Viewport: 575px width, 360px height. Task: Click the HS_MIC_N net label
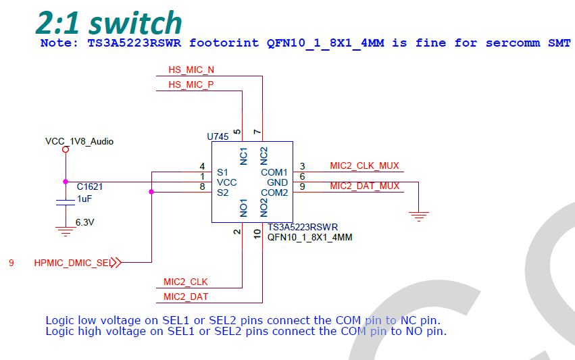191,70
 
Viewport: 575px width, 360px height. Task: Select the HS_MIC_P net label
191,84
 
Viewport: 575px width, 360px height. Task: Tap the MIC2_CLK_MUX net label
364,165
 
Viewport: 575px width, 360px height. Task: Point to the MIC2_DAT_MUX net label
364,186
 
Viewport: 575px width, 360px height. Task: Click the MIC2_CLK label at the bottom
186,282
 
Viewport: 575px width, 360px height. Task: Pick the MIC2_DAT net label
186,297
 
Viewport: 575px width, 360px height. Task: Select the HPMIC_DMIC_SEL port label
72,263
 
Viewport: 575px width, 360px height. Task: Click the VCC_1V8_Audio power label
79,142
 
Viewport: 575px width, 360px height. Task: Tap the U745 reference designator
218,136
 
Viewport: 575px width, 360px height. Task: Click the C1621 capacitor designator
89,186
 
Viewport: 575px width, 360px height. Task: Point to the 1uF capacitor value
84,199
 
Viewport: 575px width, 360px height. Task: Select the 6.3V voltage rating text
84,222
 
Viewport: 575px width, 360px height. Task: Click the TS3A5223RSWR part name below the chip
303,228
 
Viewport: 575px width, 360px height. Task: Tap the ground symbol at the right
419,216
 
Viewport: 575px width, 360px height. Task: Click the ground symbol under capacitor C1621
66,231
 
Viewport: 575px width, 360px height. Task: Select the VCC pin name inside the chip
227,182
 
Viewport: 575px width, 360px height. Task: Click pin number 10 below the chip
257,233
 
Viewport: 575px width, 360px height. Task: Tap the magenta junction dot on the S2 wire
151,192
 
